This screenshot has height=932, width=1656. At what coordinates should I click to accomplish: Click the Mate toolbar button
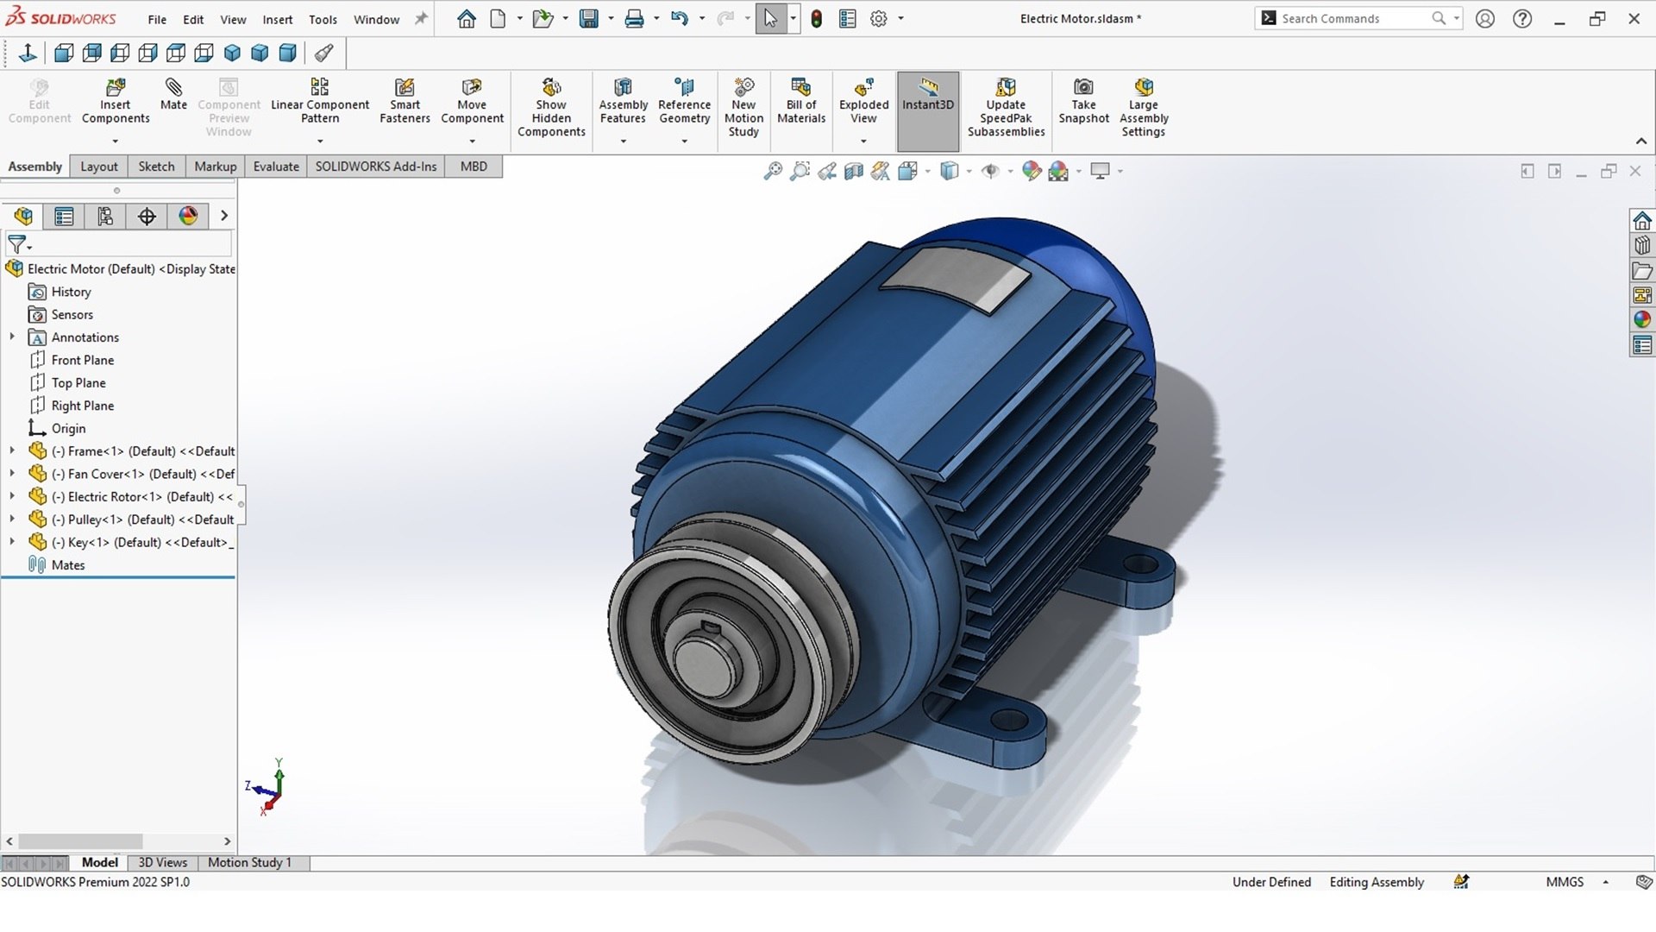[x=173, y=94]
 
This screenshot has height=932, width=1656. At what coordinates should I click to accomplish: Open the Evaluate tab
[x=276, y=167]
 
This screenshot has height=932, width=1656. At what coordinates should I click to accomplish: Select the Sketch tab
[x=156, y=167]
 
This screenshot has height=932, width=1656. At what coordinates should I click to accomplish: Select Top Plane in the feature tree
[x=78, y=383]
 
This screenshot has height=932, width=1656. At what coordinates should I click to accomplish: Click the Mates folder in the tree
[x=67, y=565]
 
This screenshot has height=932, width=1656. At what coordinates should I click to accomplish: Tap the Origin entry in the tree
[x=68, y=429]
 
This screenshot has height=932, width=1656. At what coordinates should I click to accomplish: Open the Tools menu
[x=323, y=19]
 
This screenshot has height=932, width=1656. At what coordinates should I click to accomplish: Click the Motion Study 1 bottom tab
[x=249, y=862]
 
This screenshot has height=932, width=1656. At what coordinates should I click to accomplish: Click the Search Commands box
[x=1350, y=18]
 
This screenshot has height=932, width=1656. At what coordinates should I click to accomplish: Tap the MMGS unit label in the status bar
[x=1565, y=882]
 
